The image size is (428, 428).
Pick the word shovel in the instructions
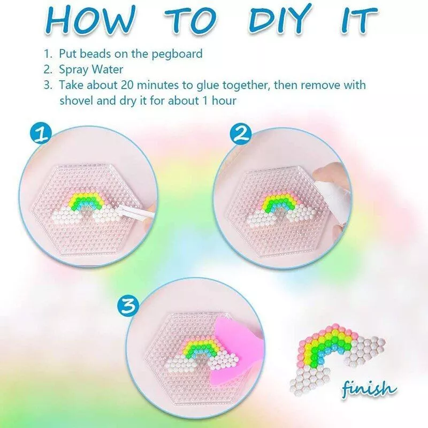tap(74, 101)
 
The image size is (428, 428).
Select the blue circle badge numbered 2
tap(241, 134)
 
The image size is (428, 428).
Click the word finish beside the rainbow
tap(368, 387)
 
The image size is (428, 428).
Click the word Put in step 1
tap(67, 54)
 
